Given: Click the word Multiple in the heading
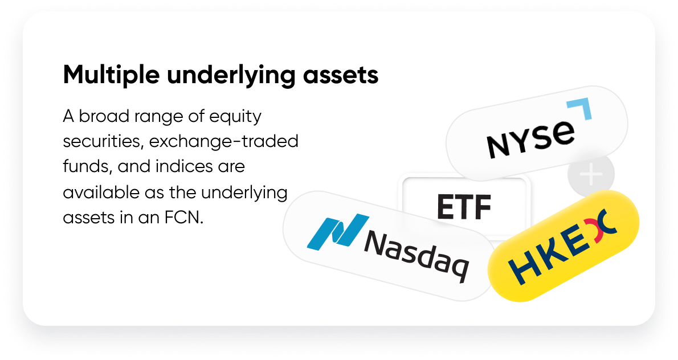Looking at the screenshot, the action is click(x=111, y=75).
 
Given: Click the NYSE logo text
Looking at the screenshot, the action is click(x=530, y=139).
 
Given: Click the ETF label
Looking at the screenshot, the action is click(x=464, y=207).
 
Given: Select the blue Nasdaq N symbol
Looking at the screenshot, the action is click(x=338, y=231).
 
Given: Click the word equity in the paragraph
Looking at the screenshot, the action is click(x=235, y=117).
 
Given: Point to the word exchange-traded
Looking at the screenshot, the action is click(x=224, y=141).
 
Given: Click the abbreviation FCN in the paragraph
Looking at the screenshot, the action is click(x=184, y=218).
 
